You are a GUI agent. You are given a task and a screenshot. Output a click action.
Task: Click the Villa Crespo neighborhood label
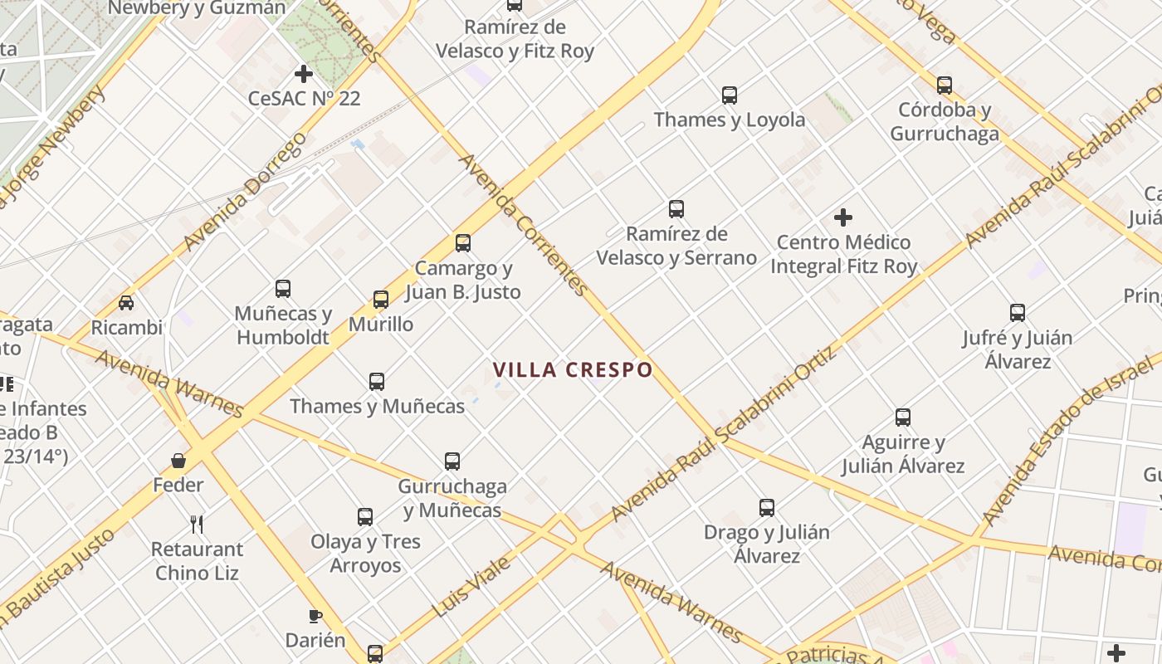click(573, 369)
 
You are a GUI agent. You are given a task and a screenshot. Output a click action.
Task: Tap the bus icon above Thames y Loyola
click(730, 95)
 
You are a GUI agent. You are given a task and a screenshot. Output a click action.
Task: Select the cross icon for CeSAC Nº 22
click(304, 74)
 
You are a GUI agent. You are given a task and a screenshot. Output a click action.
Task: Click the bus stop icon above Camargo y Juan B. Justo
click(463, 243)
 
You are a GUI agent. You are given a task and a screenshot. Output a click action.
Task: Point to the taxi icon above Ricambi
click(126, 303)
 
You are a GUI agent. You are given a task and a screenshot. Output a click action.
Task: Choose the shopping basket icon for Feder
click(178, 461)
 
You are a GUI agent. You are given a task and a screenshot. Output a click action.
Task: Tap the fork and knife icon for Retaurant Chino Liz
click(197, 525)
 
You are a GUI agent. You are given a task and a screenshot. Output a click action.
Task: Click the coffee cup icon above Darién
click(315, 616)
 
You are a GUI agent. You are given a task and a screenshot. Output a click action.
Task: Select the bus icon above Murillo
click(381, 300)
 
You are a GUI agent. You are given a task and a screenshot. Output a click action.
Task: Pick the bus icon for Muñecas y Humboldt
click(283, 289)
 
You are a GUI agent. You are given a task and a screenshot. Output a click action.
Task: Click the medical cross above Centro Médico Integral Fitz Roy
click(843, 218)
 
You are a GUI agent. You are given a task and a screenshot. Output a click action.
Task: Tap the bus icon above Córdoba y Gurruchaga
click(945, 85)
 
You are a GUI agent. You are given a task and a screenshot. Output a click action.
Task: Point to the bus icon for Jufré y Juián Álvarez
click(1018, 313)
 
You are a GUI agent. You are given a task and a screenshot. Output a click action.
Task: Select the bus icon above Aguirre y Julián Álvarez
click(903, 417)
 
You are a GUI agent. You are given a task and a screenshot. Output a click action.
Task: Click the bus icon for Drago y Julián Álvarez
click(767, 508)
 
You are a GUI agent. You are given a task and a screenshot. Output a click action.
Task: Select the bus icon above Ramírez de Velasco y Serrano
click(676, 209)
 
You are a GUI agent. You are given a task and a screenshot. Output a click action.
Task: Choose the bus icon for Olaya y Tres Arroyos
click(365, 517)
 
